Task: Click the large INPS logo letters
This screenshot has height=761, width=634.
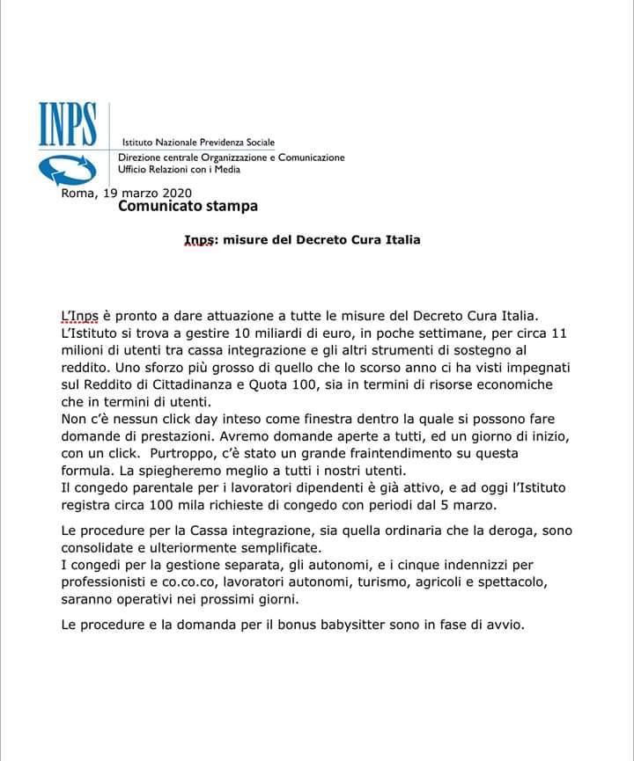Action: (67, 126)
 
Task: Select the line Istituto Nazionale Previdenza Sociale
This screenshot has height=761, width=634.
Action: (197, 143)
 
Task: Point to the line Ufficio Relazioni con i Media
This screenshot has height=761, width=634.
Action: (179, 169)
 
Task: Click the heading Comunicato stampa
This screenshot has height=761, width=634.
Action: (188, 208)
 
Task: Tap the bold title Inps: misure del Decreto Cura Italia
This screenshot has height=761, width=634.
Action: (302, 239)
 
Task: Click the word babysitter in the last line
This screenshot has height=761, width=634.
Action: (359, 626)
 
